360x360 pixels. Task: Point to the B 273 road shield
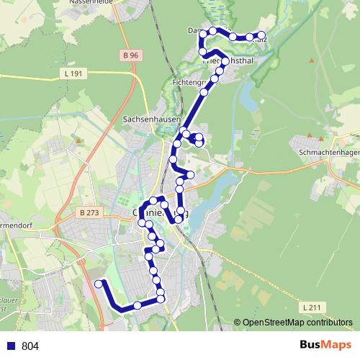click(x=89, y=212)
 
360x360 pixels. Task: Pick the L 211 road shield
click(x=311, y=307)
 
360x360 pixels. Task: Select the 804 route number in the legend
click(x=30, y=346)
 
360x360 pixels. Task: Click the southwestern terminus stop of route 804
click(x=99, y=284)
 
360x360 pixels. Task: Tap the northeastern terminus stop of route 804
click(x=261, y=35)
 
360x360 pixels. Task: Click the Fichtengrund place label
click(x=186, y=84)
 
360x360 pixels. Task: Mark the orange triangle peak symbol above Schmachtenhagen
click(x=321, y=136)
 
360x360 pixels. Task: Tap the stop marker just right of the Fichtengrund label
click(x=204, y=92)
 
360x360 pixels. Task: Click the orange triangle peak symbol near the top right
click(x=311, y=60)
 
